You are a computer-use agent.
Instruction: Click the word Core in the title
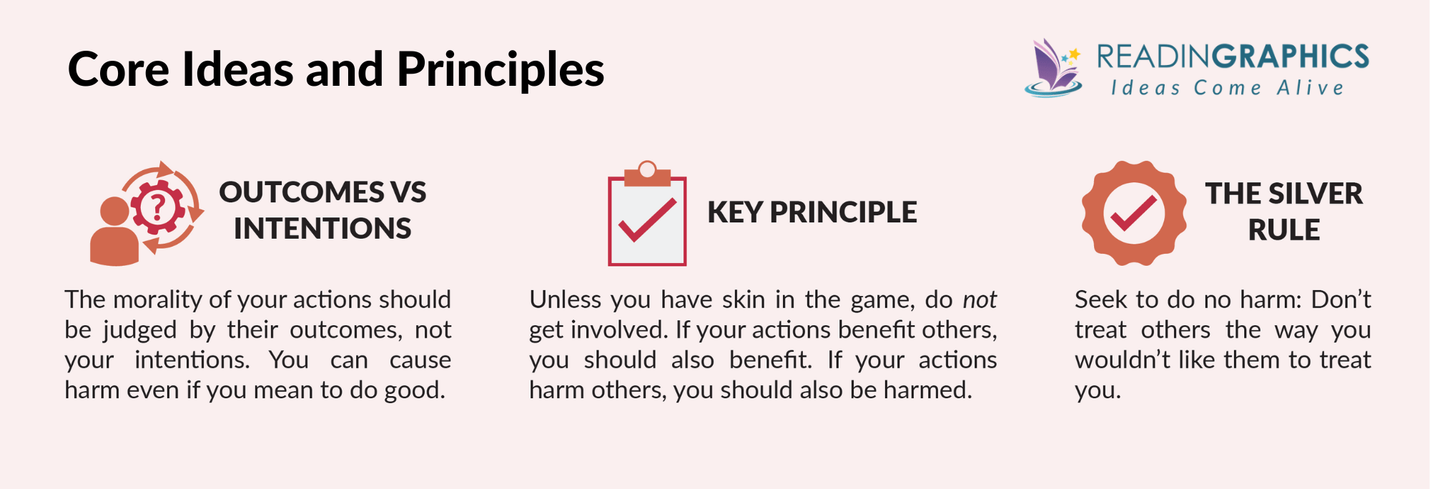tap(119, 69)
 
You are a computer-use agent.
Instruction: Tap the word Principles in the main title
tap(500, 71)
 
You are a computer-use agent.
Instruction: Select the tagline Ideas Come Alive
tap(1227, 88)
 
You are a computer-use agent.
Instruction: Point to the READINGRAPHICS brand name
tap(1233, 56)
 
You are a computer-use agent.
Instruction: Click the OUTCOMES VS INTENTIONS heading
tap(322, 210)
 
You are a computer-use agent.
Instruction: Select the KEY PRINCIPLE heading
tap(812, 212)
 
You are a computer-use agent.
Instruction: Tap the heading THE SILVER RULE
tap(1283, 212)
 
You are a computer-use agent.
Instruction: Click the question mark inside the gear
tap(158, 207)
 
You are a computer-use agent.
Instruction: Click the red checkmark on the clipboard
tap(647, 219)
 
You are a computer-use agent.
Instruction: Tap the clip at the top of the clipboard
tap(647, 173)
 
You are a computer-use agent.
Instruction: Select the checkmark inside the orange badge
tap(1134, 213)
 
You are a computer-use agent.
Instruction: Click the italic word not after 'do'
tap(980, 300)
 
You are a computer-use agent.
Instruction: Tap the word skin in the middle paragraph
tap(744, 300)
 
